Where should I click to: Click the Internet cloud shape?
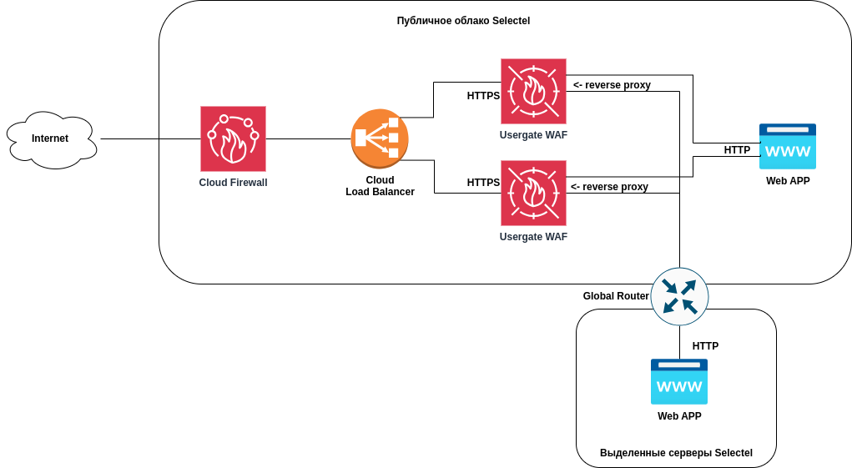pyautogui.click(x=51, y=139)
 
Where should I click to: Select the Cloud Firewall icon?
pyautogui.click(x=233, y=138)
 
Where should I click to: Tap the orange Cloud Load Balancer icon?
pyautogui.click(x=380, y=138)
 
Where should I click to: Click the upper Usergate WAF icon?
pyautogui.click(x=533, y=91)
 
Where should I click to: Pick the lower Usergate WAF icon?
pyautogui.click(x=533, y=193)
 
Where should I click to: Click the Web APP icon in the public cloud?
pyautogui.click(x=787, y=147)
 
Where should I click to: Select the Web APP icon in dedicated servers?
pyautogui.click(x=678, y=382)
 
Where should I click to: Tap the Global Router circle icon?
pyautogui.click(x=679, y=296)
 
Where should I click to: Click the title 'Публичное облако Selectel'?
pyautogui.click(x=463, y=21)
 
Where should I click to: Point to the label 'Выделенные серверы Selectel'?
pyautogui.click(x=676, y=453)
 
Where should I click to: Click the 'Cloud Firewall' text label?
pyautogui.click(x=233, y=183)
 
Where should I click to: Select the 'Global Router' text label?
pyautogui.click(x=616, y=296)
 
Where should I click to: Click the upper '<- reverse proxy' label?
pyautogui.click(x=612, y=85)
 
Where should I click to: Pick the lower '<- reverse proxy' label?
pyautogui.click(x=609, y=187)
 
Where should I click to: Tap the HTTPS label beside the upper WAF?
pyautogui.click(x=483, y=96)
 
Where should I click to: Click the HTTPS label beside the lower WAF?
pyautogui.click(x=483, y=183)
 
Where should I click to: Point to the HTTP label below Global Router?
pyautogui.click(x=705, y=346)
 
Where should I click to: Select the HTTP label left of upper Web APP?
pyautogui.click(x=737, y=150)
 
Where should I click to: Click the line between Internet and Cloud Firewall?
pyautogui.click(x=150, y=138)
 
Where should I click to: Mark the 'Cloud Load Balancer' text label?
pyautogui.click(x=380, y=186)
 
